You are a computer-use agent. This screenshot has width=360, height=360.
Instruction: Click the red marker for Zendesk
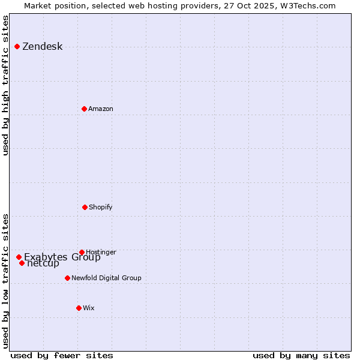[x=17, y=47]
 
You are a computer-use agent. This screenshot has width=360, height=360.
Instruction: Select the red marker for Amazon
[x=84, y=109]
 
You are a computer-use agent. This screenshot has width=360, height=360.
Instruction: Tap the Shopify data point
[x=85, y=207]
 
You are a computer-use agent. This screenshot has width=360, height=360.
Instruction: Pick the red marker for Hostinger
[x=82, y=252]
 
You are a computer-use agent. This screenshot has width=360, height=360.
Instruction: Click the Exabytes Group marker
[x=19, y=257]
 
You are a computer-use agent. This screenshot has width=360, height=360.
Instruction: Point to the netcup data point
[x=22, y=263]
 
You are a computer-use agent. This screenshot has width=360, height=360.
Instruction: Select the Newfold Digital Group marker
[x=67, y=278]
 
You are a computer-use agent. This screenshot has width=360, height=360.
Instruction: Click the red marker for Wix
[x=79, y=308]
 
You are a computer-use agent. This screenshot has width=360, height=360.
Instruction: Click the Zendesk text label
[x=42, y=47]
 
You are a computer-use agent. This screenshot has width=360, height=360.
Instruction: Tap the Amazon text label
[x=100, y=109]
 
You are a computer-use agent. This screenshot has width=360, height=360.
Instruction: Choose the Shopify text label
[x=100, y=207]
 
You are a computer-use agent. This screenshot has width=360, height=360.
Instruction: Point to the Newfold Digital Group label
[x=106, y=278]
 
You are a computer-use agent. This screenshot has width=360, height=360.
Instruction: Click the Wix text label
[x=88, y=308]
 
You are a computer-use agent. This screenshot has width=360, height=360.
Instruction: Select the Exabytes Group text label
[x=62, y=257]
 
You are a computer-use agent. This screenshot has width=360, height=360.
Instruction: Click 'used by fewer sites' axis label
[x=62, y=355]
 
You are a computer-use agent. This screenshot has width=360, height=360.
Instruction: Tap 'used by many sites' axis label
[x=301, y=355]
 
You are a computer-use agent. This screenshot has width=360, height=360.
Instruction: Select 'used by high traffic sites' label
[x=6, y=85]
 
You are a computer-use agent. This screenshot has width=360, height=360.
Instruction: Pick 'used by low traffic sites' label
[x=6, y=281]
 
